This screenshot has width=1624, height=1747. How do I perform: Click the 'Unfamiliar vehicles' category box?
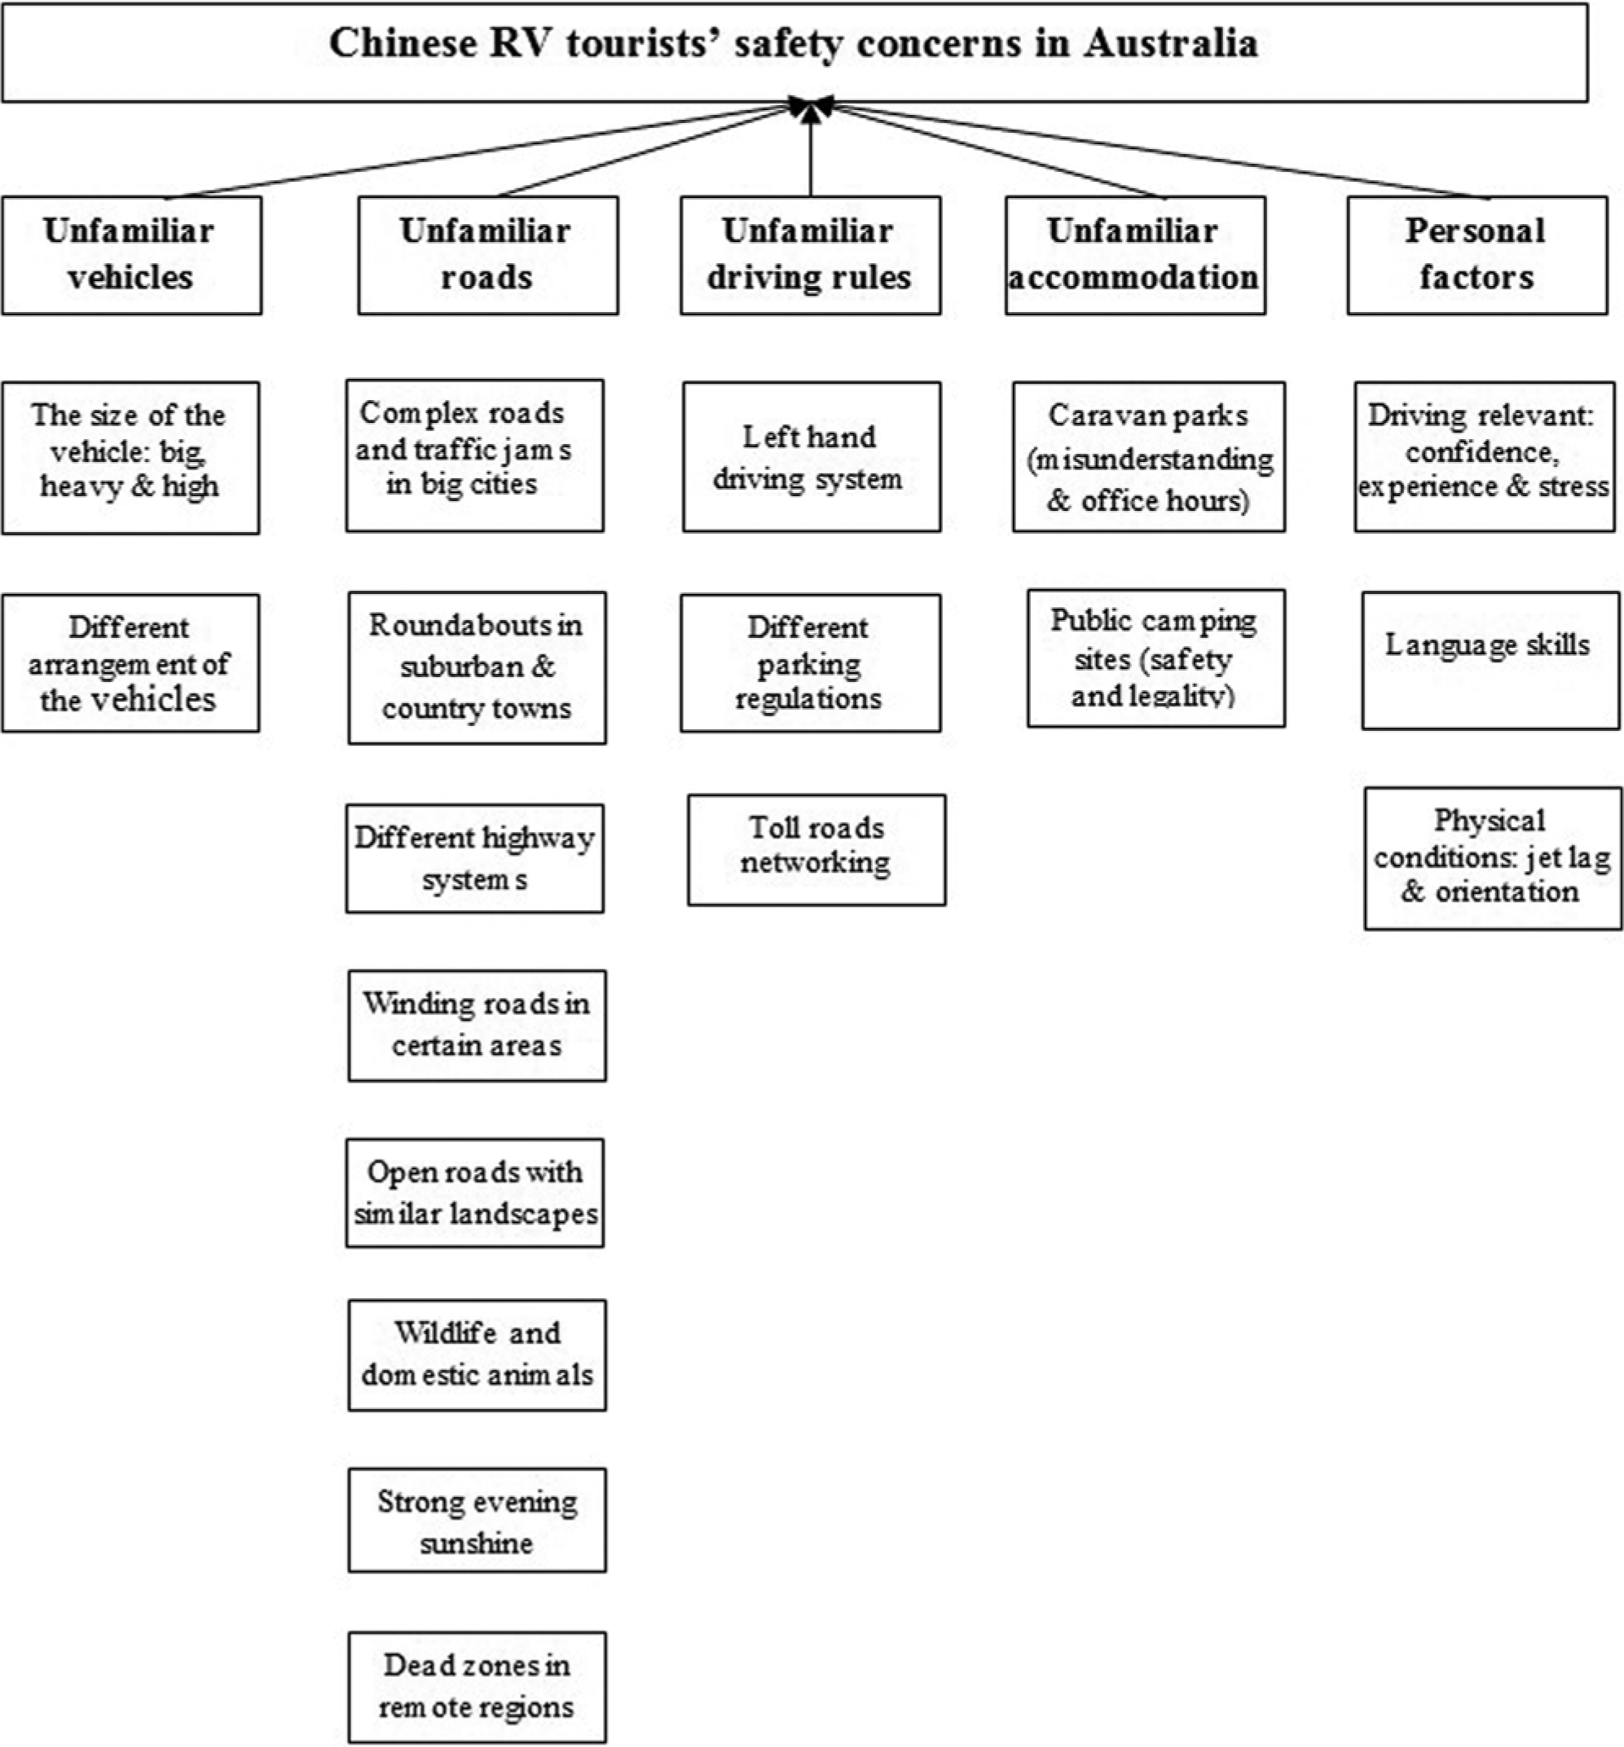pos(132,255)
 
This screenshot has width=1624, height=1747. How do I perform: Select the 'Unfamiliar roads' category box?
pos(488,255)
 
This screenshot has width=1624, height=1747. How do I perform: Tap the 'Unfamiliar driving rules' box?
pos(810,255)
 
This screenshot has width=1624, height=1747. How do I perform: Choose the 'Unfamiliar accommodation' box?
pos(1135,255)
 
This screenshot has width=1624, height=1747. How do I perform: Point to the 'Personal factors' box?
pos(1477,255)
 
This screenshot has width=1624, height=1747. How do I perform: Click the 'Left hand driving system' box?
pos(812,457)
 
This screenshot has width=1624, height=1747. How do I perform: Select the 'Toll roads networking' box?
pos(816,850)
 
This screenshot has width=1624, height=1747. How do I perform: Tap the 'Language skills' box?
pos(1490,661)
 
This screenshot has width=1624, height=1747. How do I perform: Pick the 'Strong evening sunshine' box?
pos(478,1520)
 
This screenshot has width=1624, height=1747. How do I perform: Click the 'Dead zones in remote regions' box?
pos(478,1688)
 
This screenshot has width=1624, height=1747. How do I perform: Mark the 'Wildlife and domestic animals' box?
pos(478,1355)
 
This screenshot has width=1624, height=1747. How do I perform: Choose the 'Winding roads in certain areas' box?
pos(478,1026)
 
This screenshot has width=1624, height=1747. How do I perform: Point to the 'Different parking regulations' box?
pos(810,663)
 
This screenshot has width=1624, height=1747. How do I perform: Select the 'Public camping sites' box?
pos(1156,658)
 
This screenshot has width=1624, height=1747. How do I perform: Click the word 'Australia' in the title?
pos(1171,42)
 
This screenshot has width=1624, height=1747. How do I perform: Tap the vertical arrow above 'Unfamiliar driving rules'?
pos(810,147)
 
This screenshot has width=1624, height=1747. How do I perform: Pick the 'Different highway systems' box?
pos(474,859)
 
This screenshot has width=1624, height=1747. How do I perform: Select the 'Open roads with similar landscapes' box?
pos(474,1192)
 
